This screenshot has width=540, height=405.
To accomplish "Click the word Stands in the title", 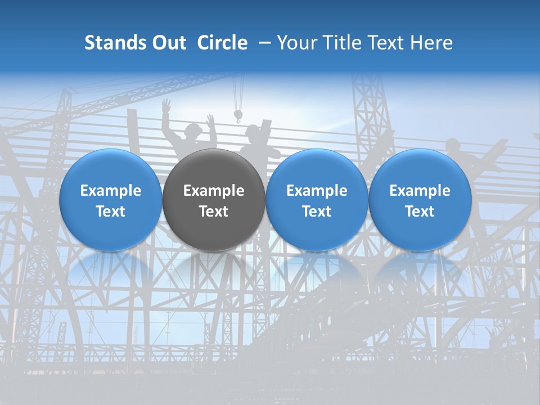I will click(x=115, y=43).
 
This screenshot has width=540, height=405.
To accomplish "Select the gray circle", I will click(x=214, y=200).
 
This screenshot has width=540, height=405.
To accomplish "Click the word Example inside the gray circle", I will click(x=214, y=191).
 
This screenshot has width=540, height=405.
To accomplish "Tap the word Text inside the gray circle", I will click(x=214, y=211).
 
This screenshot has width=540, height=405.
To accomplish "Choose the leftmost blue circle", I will click(x=111, y=200).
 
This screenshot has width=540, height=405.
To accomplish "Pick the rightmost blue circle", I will click(x=420, y=200).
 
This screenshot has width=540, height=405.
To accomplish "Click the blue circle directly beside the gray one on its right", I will click(x=317, y=200).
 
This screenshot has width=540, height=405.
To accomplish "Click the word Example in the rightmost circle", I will click(x=420, y=191).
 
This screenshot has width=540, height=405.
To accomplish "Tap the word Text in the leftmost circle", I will click(x=111, y=211).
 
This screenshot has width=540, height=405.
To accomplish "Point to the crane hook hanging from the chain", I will click(x=238, y=116).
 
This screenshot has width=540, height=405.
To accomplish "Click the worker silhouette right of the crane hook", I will click(x=258, y=138).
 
